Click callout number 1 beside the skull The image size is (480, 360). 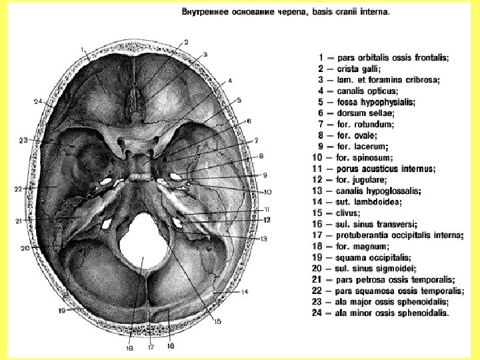(x=82, y=50)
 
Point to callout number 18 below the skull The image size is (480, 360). (x=129, y=347)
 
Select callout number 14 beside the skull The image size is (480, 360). (x=244, y=291)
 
